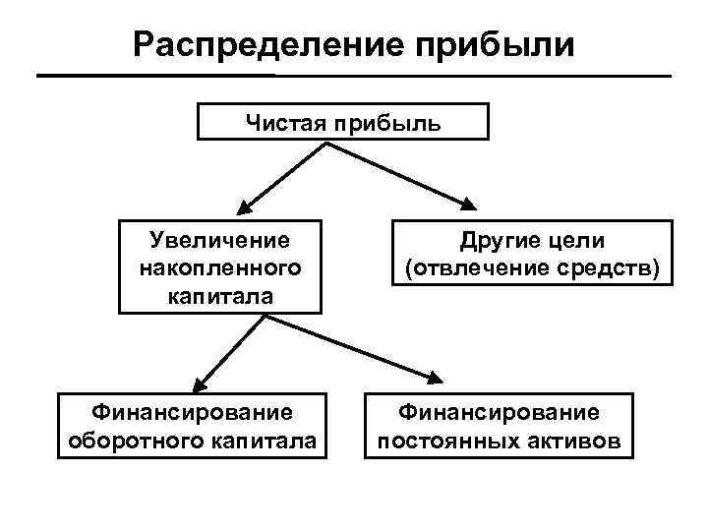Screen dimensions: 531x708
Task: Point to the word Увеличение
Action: (219, 241)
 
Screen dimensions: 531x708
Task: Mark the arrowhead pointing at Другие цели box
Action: (467, 205)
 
